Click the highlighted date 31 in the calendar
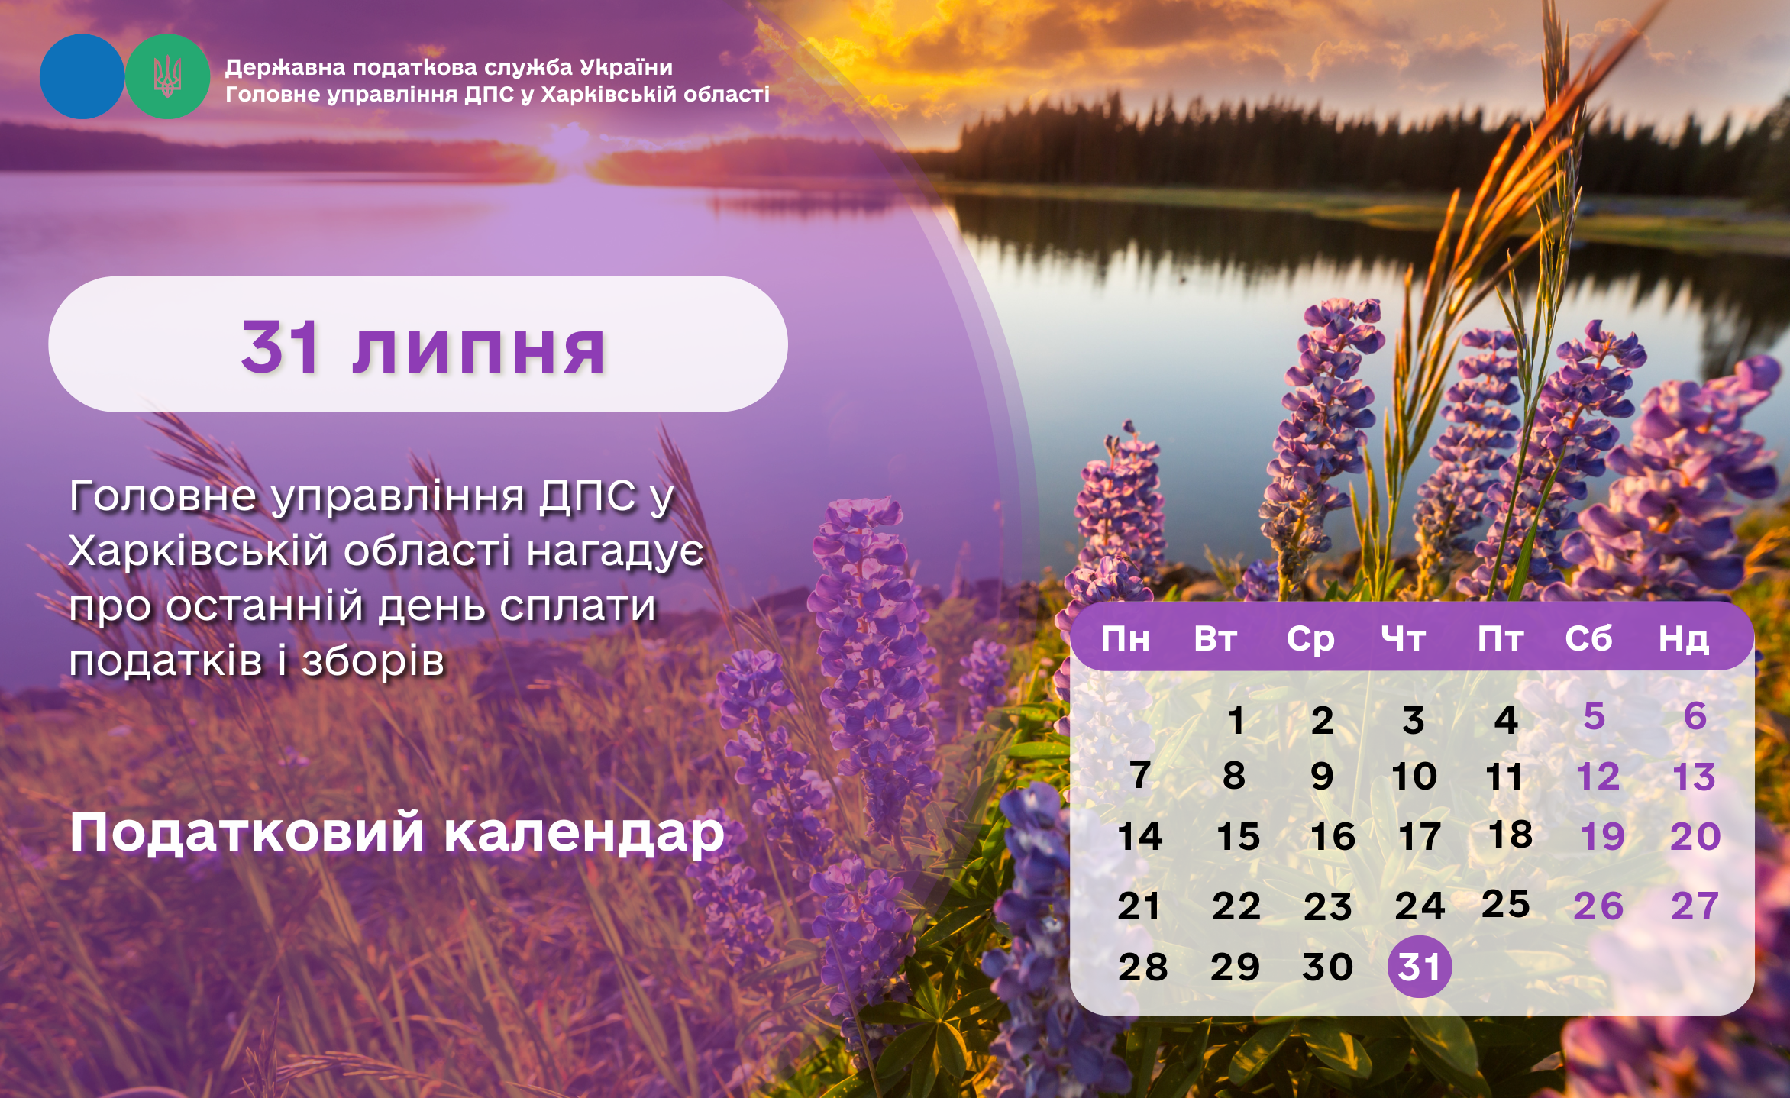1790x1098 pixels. (1419, 966)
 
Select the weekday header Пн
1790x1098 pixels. (1125, 638)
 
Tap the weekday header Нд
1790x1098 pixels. (1683, 639)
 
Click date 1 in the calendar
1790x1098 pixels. (1236, 720)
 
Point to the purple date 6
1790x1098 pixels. (1695, 716)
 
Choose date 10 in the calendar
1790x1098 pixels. (1414, 777)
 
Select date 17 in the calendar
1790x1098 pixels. (1420, 837)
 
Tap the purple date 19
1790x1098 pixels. (1602, 837)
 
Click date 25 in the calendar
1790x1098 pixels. (1506, 904)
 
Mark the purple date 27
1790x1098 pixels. (1695, 906)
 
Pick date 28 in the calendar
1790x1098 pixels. (1142, 967)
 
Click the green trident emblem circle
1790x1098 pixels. (167, 76)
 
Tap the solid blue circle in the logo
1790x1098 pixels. (82, 76)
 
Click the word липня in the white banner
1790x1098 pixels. (479, 350)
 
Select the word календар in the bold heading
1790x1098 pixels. (584, 832)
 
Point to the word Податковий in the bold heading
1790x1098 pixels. (247, 832)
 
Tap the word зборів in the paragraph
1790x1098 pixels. (373, 660)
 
